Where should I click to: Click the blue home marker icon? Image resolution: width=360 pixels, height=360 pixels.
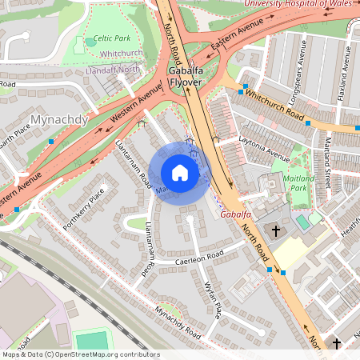tap(180, 173)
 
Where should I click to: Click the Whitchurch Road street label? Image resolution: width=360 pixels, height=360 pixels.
tap(276, 106)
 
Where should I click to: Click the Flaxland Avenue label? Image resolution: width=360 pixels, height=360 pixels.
tap(347, 68)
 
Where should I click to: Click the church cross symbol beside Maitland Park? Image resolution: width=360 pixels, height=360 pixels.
tap(276, 231)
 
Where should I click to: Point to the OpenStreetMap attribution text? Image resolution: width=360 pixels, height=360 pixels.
tap(80, 354)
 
